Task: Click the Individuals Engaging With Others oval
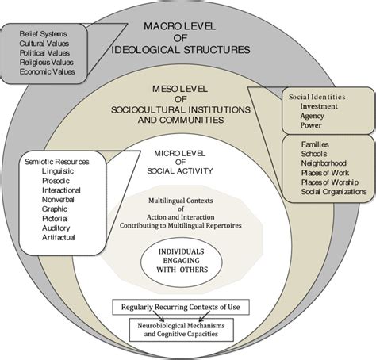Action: coord(187,262)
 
